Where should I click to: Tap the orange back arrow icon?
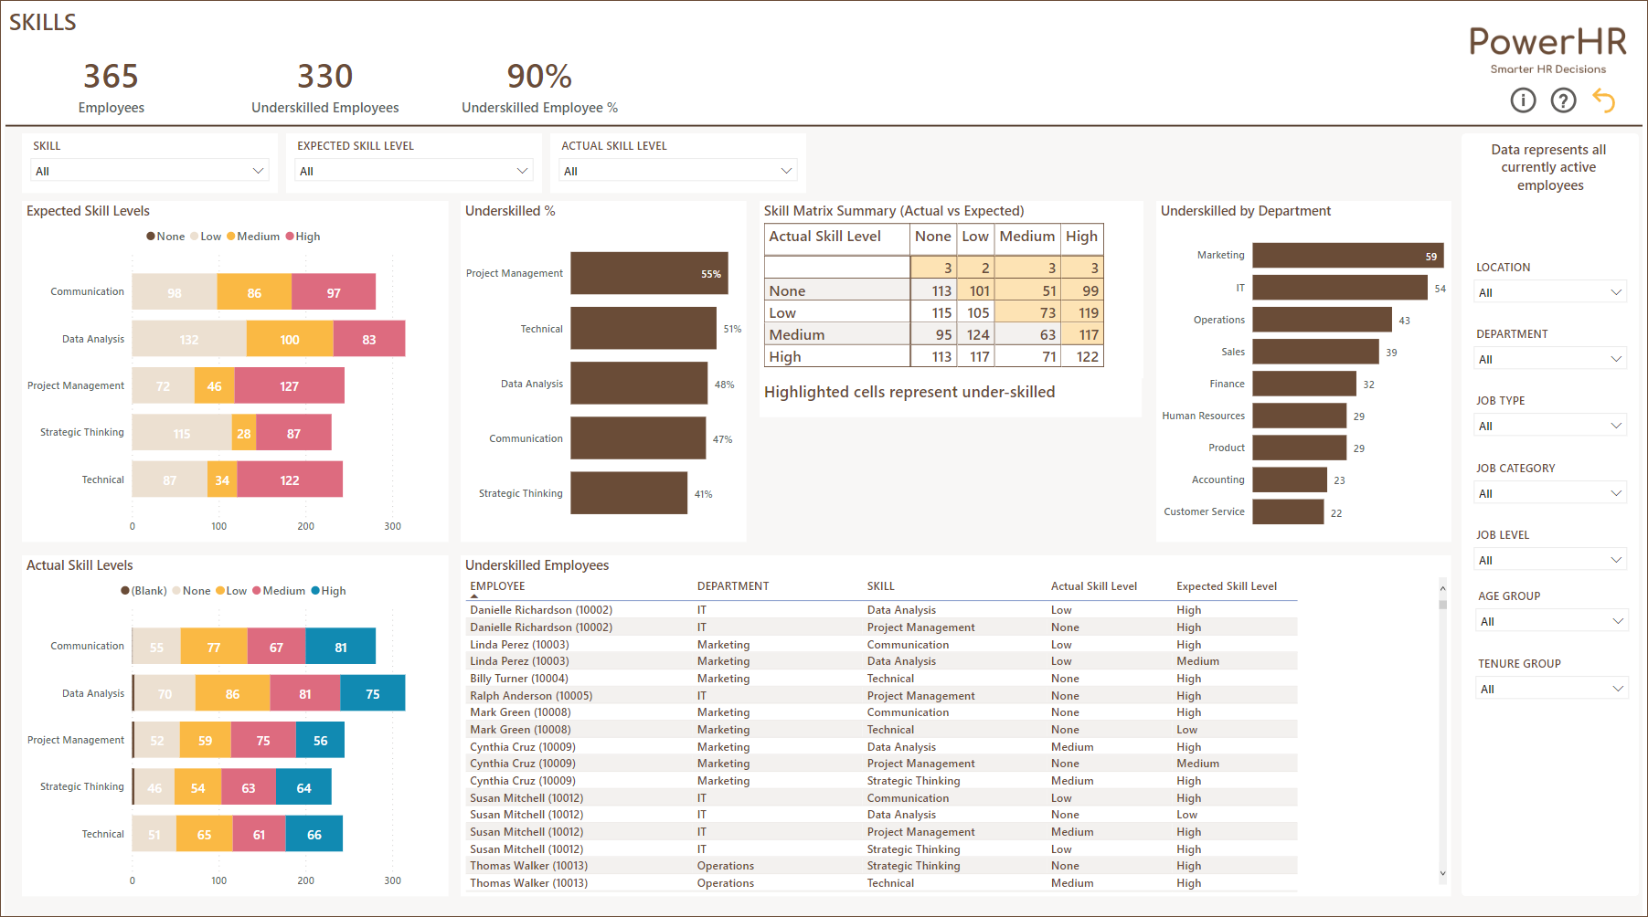1604,100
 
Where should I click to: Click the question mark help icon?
1563,100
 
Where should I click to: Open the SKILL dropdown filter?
149,171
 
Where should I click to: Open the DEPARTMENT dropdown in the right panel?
1550,359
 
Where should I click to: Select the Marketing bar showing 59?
1347,256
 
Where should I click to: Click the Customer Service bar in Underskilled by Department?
1287,511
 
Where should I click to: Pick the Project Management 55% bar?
648,273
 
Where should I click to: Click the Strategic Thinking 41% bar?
628,493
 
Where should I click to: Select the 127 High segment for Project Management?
289,386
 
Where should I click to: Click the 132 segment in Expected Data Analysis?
188,339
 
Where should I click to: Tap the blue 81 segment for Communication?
340,647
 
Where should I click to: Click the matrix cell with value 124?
977,335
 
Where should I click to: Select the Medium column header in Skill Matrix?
1026,237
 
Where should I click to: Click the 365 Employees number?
111,77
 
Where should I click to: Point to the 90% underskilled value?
539,77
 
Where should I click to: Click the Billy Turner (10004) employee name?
518,679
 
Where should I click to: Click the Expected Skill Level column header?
1226,586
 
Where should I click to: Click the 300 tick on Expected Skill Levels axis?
392,526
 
